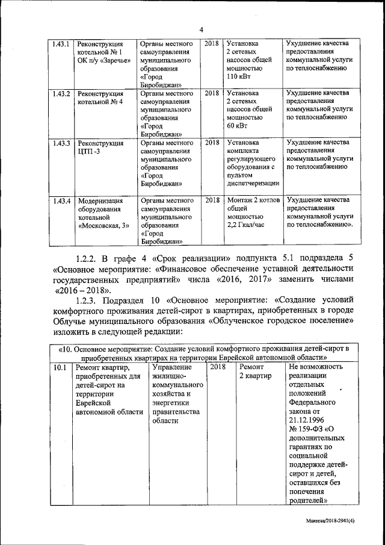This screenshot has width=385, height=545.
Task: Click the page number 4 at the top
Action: click(x=202, y=30)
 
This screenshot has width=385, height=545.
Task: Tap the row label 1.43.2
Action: click(x=61, y=94)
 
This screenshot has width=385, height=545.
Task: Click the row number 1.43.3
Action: click(x=61, y=143)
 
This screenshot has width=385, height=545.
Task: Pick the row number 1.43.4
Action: click(x=61, y=201)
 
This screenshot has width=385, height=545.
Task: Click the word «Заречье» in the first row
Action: click(x=112, y=61)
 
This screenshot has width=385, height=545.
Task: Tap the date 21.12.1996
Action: click(x=307, y=420)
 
